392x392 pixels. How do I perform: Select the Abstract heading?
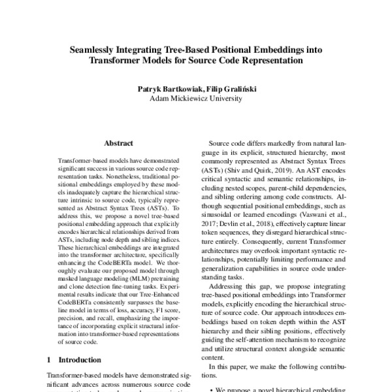click(x=118, y=143)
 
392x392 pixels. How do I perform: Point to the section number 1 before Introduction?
click(x=50, y=359)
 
